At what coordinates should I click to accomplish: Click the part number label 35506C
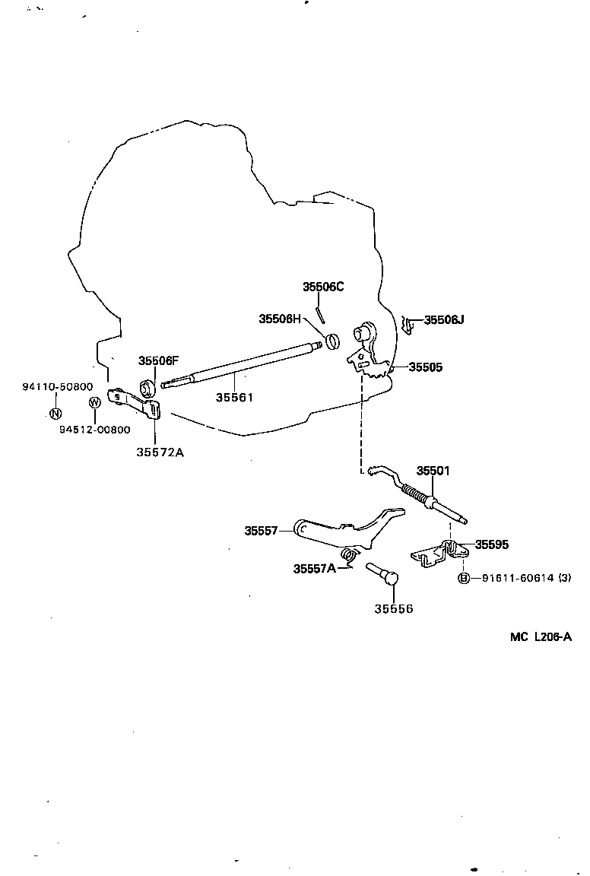(x=323, y=287)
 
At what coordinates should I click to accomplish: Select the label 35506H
(x=280, y=319)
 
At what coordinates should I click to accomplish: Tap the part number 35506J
(x=444, y=320)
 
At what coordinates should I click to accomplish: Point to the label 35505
(x=425, y=367)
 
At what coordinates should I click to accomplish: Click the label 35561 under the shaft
(x=234, y=397)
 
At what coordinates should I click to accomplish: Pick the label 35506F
(x=158, y=360)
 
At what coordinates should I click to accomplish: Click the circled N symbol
(x=55, y=414)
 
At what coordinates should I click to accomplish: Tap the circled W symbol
(x=94, y=402)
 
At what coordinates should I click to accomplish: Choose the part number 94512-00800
(x=94, y=430)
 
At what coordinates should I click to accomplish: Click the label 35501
(x=433, y=471)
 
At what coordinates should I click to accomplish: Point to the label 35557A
(x=315, y=568)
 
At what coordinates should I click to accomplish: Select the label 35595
(x=492, y=544)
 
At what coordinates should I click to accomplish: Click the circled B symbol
(x=464, y=578)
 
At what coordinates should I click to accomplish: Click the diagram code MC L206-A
(x=541, y=637)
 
